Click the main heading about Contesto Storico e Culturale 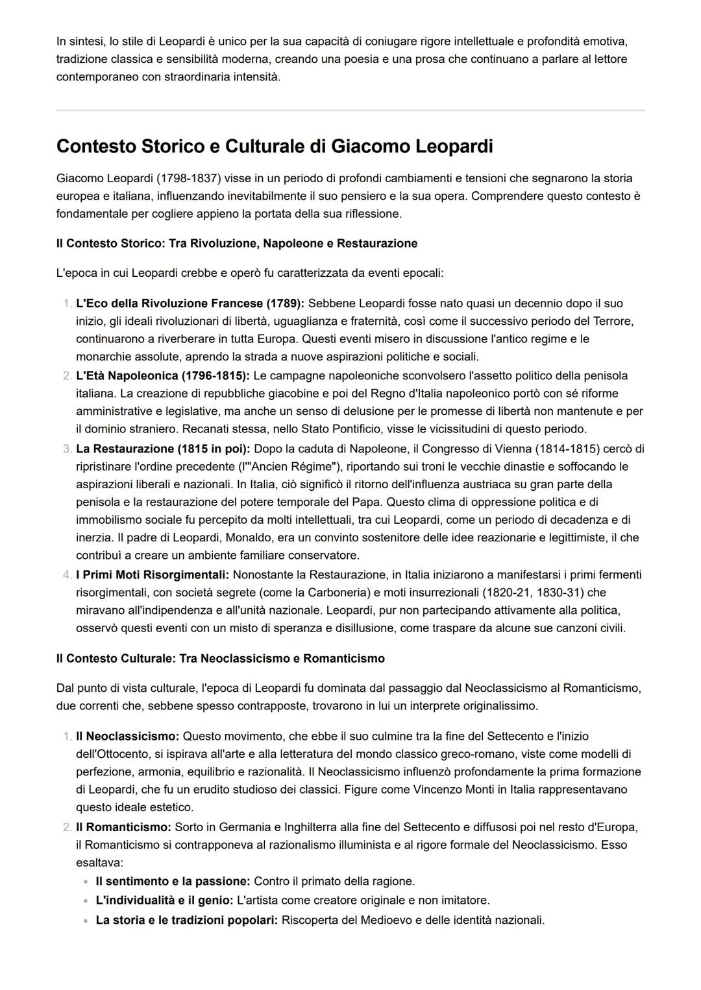coord(275,147)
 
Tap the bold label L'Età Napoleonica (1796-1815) coord(162,376)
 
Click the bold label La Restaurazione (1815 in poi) coord(163,449)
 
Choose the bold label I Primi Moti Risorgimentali coord(153,575)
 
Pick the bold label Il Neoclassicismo coord(127,737)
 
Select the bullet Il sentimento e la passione coord(173,881)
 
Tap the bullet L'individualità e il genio coord(164,901)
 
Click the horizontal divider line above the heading coord(350,110)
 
